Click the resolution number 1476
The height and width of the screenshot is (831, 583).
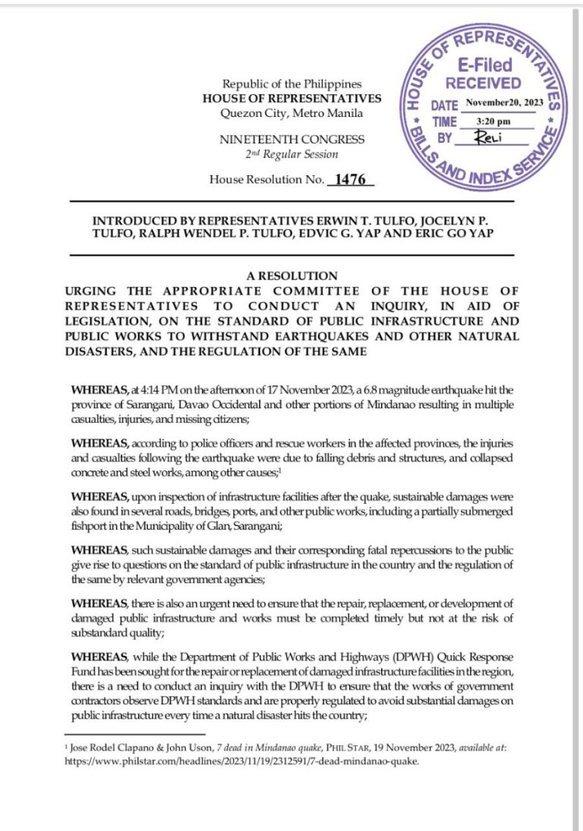click(350, 180)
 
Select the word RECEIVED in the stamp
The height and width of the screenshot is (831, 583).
click(484, 83)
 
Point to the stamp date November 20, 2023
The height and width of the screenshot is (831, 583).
click(505, 102)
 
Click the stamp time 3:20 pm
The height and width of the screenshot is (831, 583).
click(493, 121)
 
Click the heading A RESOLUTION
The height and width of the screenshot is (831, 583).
click(291, 276)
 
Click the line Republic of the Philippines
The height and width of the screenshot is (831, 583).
click(291, 84)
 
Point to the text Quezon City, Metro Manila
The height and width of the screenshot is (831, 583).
click(291, 113)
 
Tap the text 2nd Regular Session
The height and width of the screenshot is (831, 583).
click(291, 154)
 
